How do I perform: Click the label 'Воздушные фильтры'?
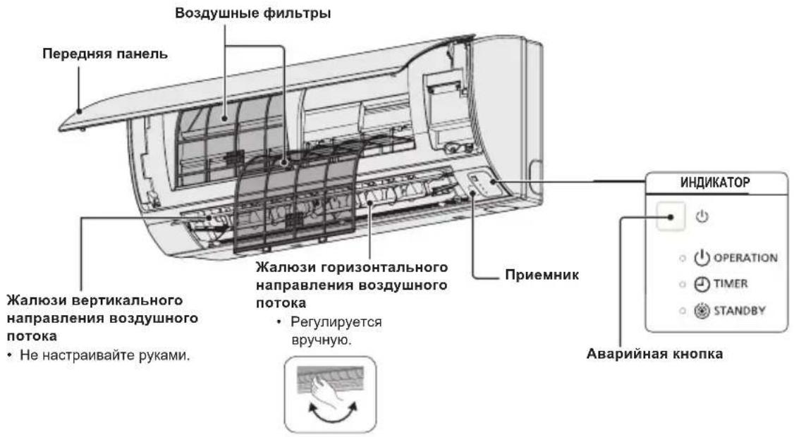point(252,13)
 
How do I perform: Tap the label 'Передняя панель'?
point(105,54)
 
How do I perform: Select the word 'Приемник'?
point(542,275)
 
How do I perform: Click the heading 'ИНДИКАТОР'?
point(714,183)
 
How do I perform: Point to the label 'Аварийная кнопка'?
point(654,353)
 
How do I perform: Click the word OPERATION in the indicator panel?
point(745,258)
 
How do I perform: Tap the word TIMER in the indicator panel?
point(731,283)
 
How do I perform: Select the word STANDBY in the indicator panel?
point(739,310)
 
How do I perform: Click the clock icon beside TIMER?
point(702,284)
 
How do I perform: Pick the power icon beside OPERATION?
point(702,258)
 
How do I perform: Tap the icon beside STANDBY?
point(702,310)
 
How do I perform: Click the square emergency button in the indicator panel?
point(671,216)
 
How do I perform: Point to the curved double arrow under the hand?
point(333,417)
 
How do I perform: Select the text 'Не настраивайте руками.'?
point(105,355)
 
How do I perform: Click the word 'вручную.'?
point(322,339)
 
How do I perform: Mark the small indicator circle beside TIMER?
point(683,284)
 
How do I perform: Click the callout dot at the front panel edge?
point(79,111)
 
